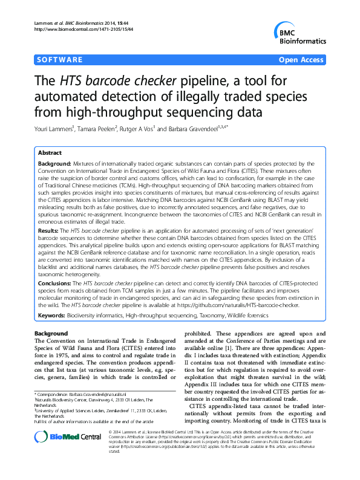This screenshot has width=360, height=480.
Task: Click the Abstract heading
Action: (x=51, y=154)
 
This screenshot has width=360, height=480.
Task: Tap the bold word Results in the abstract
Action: (x=49, y=231)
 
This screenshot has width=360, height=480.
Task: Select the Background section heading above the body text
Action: (x=51, y=334)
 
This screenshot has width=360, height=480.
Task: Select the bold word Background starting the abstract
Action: (x=54, y=163)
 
